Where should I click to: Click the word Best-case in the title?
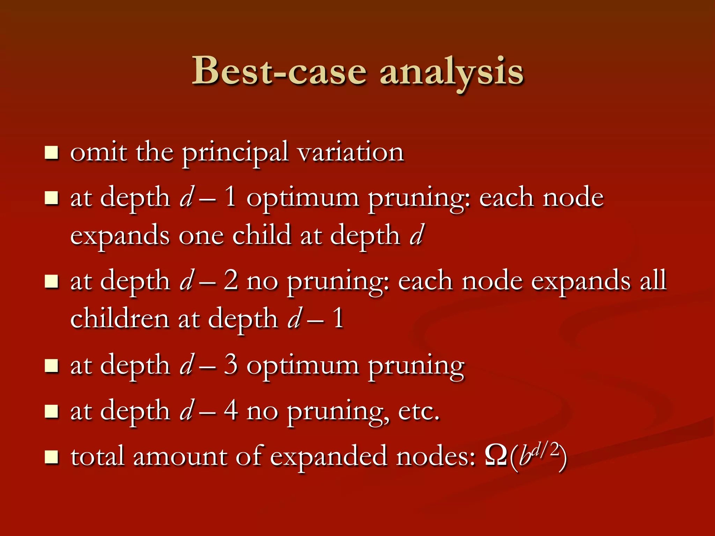279,72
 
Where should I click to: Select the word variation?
351,153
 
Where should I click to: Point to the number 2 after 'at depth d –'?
231,281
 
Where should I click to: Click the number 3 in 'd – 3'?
231,365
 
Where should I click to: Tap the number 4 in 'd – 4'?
231,411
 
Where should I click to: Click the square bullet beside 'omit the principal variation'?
52,153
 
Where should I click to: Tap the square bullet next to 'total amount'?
52,457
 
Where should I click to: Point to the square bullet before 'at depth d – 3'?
52,366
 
